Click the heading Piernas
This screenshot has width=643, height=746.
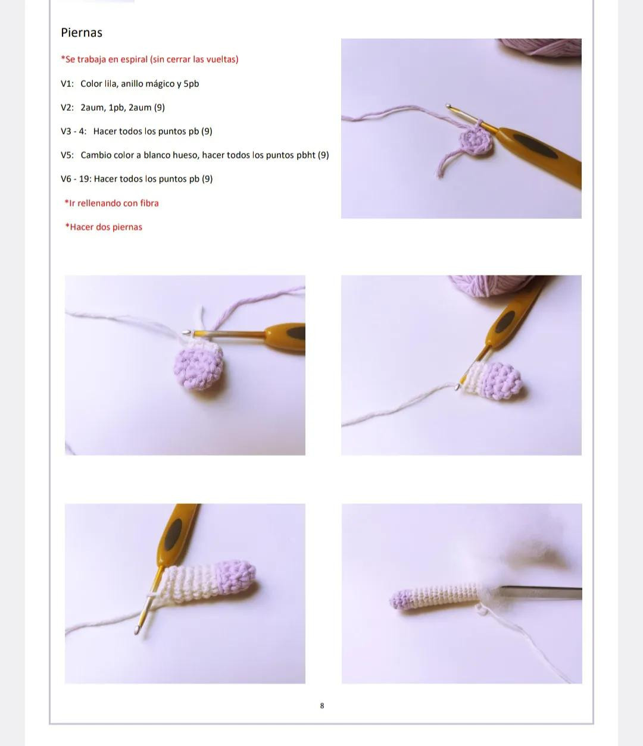(82, 33)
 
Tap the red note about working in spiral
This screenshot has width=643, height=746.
(149, 59)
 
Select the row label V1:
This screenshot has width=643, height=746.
(67, 84)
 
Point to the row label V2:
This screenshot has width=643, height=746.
(67, 108)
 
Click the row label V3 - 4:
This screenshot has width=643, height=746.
(73, 131)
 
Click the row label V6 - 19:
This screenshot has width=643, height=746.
(75, 179)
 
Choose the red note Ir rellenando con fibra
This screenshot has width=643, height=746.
(112, 203)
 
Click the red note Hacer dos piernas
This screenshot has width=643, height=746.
(104, 227)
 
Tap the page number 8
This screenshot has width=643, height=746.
(322, 706)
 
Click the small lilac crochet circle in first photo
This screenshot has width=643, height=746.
(476, 142)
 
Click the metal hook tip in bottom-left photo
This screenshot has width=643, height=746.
(139, 629)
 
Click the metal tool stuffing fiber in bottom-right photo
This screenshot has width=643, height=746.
(539, 592)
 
